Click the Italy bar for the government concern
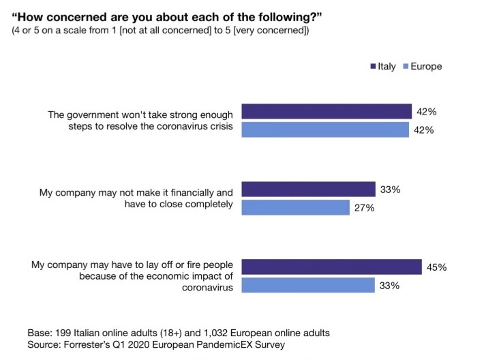tap(327, 111)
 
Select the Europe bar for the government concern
tap(325, 130)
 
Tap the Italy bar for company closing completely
tap(308, 189)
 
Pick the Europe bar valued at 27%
tap(295, 207)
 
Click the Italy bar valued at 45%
tap(331, 267)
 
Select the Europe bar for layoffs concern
tap(308, 285)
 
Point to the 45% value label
tap(436, 267)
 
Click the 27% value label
tap(364, 208)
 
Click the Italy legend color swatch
tap(373, 67)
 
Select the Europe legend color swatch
tap(406, 67)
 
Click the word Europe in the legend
tap(427, 67)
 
